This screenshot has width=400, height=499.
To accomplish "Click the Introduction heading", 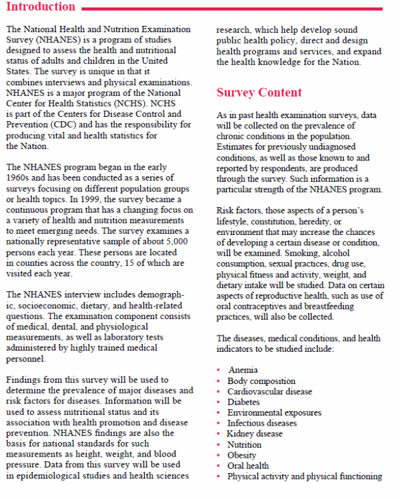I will click(40, 7).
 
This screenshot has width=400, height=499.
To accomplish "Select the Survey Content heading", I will click(259, 93).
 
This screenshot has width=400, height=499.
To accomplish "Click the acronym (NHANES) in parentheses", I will click(57, 40).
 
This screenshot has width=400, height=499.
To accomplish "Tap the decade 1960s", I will click(20, 179).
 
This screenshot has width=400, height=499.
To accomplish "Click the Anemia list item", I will click(243, 370).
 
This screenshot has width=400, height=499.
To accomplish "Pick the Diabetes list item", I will click(244, 402).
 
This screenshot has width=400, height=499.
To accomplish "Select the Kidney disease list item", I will click(255, 434).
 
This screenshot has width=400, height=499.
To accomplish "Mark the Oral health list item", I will click(248, 466).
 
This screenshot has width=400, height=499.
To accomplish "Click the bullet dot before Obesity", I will click(218, 455).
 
